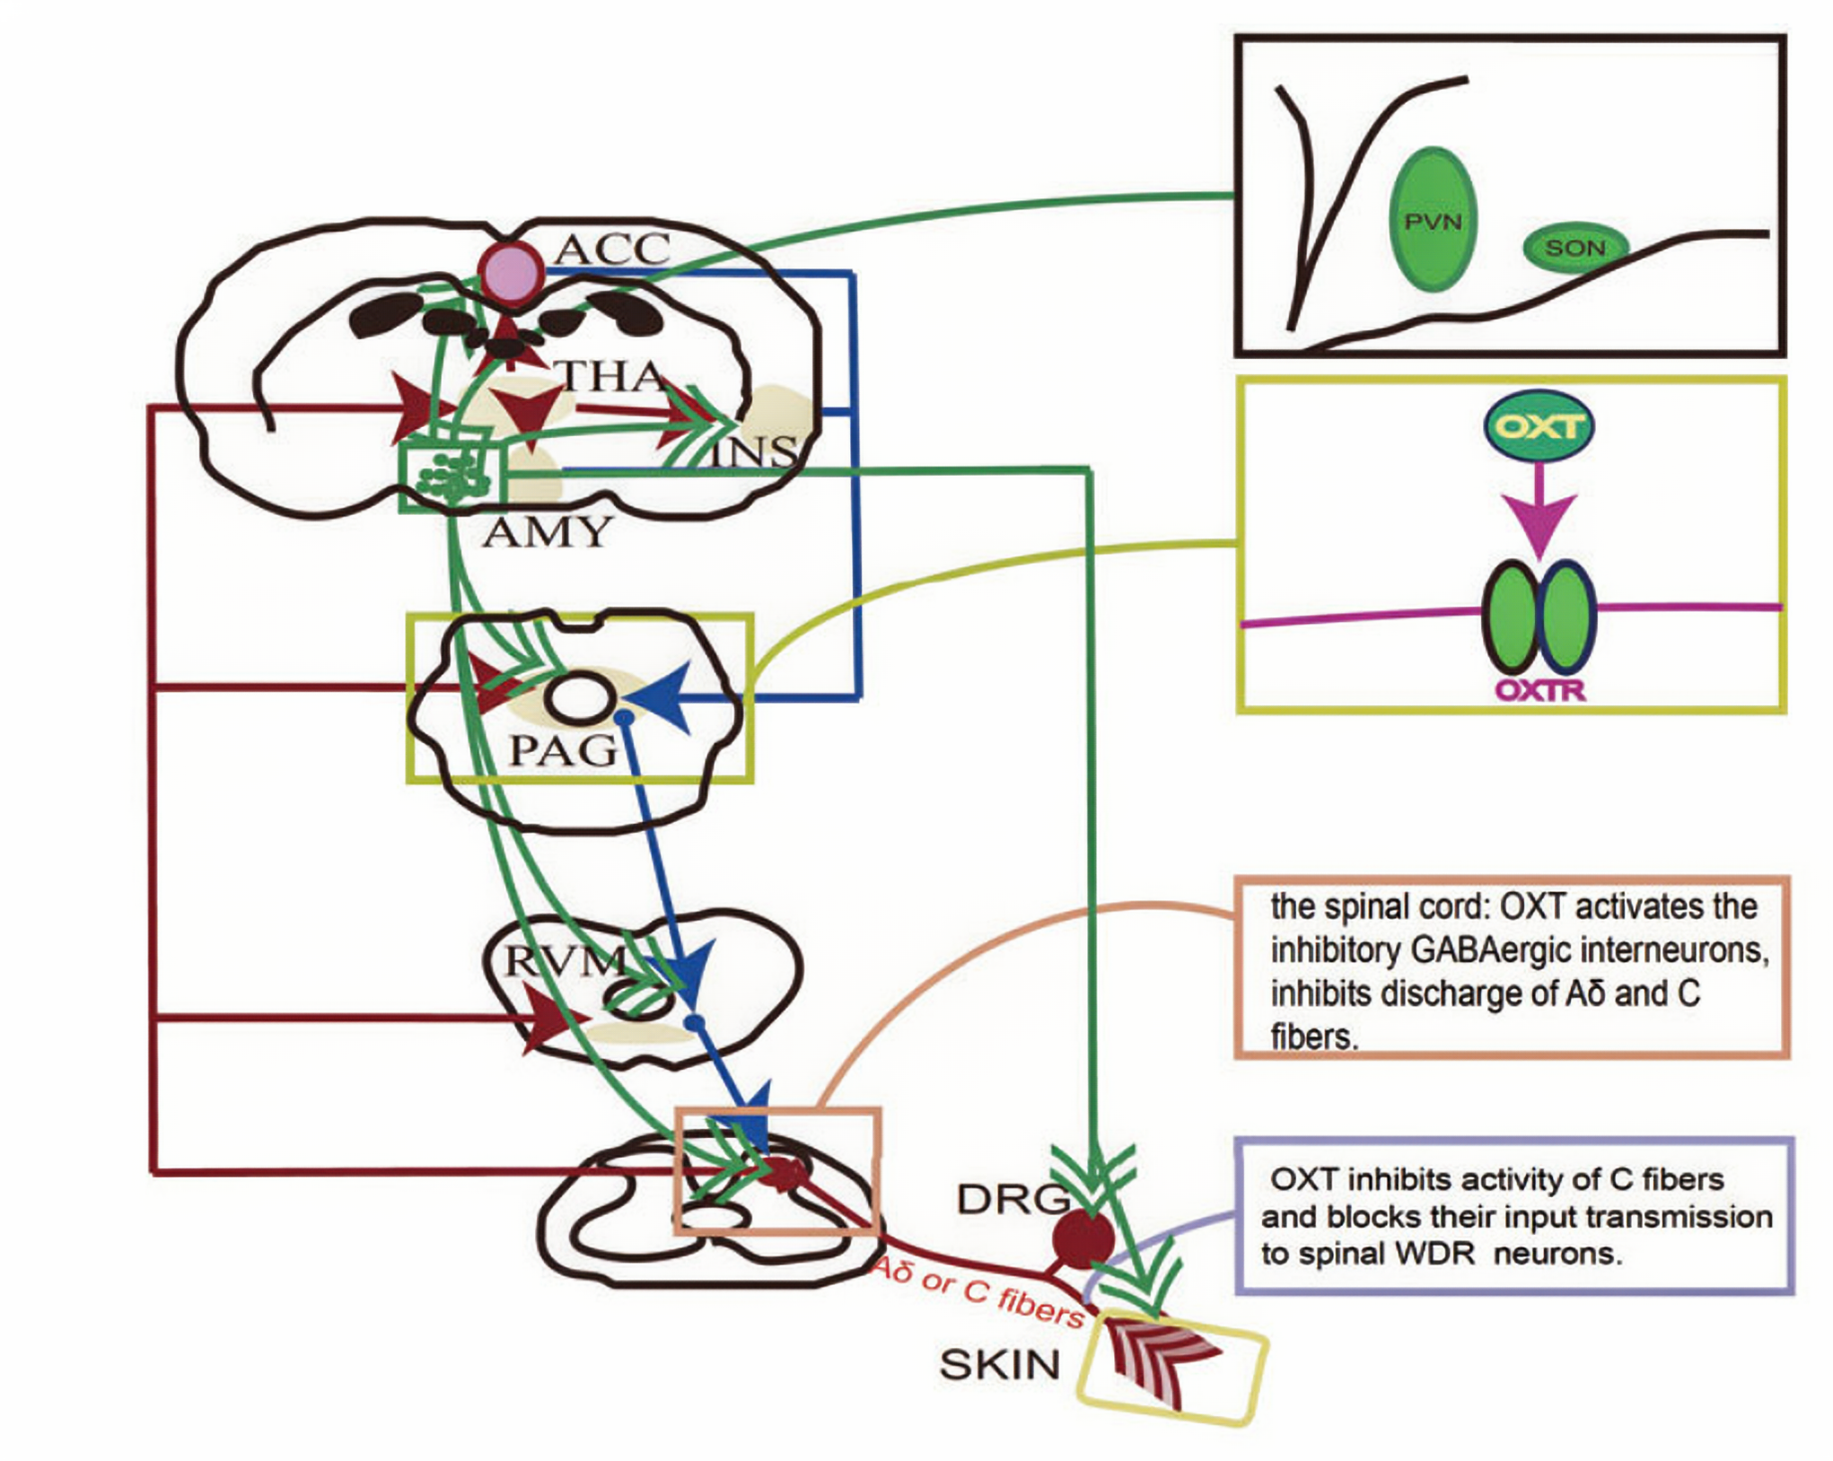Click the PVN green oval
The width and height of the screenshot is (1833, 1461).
click(1433, 221)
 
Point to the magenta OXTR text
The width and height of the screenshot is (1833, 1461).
click(1540, 690)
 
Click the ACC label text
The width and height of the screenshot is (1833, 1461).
click(612, 249)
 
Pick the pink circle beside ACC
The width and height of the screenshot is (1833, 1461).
click(511, 272)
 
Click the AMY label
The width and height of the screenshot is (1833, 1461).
click(547, 533)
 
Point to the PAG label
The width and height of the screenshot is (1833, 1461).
click(564, 750)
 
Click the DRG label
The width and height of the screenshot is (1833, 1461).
click(1013, 1199)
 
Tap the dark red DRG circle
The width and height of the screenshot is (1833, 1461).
click(1083, 1238)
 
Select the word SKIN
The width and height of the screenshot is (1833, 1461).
click(1000, 1365)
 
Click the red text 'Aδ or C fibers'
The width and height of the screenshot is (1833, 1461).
click(978, 1290)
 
